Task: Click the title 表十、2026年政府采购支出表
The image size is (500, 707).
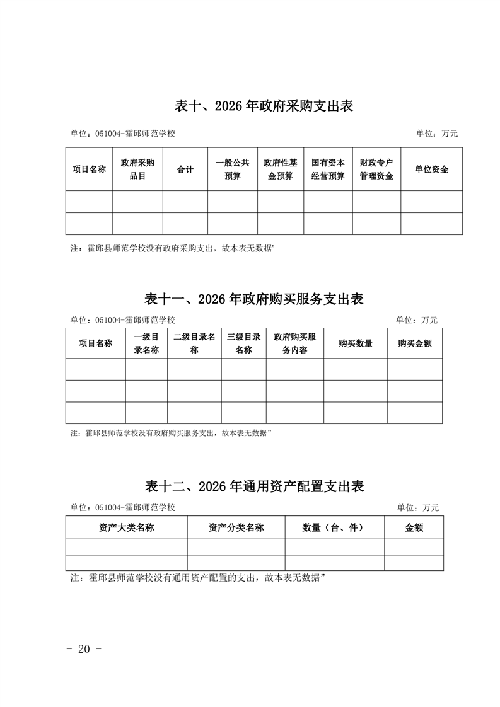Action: (264, 106)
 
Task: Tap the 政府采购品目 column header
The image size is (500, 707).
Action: (137, 170)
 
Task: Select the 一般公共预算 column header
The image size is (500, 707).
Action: (233, 170)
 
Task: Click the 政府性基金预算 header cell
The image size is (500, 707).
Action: (281, 170)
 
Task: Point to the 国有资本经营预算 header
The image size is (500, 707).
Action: (328, 170)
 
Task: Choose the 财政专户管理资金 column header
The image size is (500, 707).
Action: (376, 170)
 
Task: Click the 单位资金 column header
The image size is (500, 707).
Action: (431, 170)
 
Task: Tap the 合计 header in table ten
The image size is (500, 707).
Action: (185, 170)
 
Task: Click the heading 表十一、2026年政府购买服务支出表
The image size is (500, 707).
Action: (254, 299)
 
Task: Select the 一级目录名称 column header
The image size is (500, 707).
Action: (146, 343)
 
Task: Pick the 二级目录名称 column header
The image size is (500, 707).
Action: (194, 343)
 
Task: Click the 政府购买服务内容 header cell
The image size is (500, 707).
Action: (294, 343)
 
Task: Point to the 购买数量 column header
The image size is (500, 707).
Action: (356, 343)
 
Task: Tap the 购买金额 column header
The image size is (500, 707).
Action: (415, 343)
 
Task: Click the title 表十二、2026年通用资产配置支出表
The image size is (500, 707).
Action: (255, 486)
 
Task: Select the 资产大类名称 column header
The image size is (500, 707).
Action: (127, 528)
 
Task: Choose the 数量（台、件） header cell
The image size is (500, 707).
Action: (334, 528)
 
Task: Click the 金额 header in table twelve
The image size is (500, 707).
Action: (414, 528)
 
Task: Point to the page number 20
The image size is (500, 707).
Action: (84, 650)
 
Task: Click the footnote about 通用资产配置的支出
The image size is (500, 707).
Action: (197, 577)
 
